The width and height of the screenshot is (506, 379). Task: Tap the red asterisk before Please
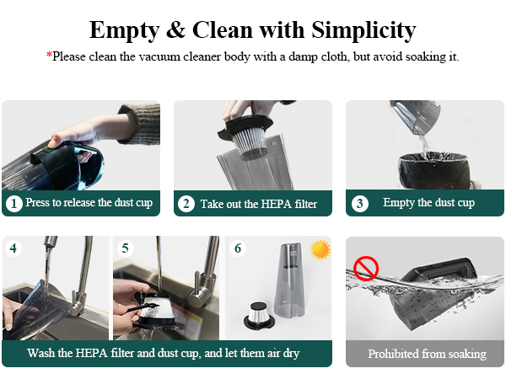click(49, 56)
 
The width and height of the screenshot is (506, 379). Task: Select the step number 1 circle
click(13, 203)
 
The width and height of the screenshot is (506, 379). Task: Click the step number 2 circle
click(186, 203)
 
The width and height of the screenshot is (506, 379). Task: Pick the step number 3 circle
click(359, 203)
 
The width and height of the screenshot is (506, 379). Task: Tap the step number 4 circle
click(13, 248)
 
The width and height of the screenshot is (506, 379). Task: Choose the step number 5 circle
click(125, 248)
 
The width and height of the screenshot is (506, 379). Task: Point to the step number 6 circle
click(237, 248)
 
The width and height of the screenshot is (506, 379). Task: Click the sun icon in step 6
click(320, 249)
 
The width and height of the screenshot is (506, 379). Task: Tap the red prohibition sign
click(366, 270)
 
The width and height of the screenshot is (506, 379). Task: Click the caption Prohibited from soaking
click(427, 354)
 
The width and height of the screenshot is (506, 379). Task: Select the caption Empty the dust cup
click(428, 203)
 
